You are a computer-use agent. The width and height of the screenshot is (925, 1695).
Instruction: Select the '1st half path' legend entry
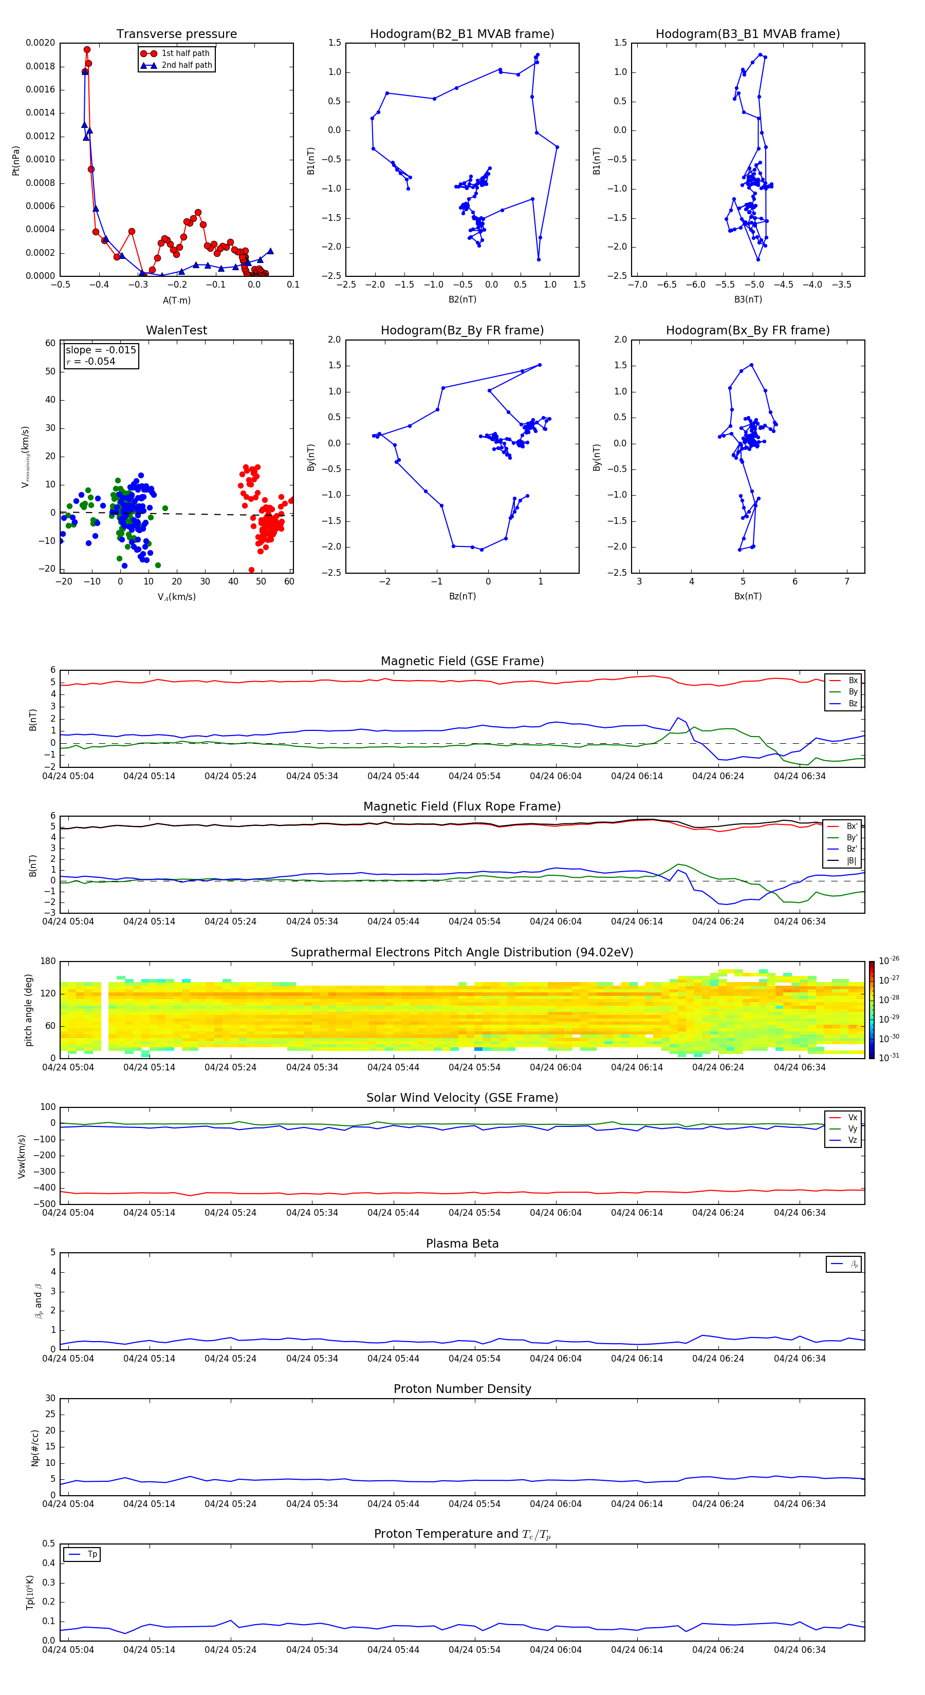pos(185,53)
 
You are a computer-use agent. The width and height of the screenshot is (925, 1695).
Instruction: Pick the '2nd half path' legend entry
pos(187,65)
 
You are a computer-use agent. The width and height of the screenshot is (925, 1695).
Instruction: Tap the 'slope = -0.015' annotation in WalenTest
pos(101,350)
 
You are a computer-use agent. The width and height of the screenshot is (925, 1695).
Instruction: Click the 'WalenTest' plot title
pos(176,330)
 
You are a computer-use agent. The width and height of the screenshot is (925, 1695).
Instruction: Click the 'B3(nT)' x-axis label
pos(748,299)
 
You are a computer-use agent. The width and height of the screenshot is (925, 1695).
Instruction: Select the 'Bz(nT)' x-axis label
pos(462,596)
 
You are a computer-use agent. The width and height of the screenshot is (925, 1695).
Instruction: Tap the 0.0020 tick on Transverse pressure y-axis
pos(40,43)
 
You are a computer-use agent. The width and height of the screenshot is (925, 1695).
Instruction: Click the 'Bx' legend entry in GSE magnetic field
pos(853,681)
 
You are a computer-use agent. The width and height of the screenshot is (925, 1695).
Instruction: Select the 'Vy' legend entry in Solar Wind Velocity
pos(853,1128)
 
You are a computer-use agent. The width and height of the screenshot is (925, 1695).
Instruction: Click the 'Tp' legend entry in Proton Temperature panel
pos(92,1554)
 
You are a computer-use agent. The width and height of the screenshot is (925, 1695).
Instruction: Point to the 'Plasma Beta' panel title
pos(461,1244)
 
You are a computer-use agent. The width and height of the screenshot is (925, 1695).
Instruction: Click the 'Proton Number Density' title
pos(461,1389)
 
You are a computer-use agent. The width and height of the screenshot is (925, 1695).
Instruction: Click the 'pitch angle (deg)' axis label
pos(28,1009)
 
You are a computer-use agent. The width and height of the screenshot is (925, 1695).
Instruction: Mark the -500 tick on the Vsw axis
pos(44,1204)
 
